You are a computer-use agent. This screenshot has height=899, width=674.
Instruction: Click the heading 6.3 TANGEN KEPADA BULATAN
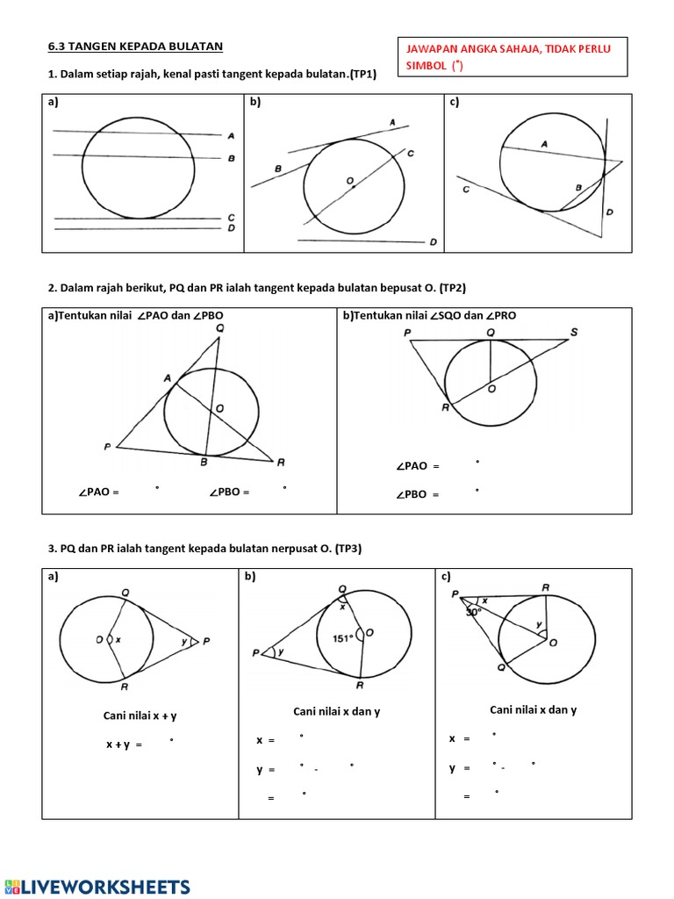(x=135, y=46)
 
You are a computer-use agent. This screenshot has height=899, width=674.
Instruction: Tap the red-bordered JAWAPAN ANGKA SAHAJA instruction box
(x=513, y=57)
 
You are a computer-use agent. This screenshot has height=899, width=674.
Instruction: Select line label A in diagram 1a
(x=231, y=136)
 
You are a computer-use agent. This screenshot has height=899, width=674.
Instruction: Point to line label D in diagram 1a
(x=231, y=228)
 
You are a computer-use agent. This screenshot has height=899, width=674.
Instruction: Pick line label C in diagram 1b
(x=411, y=154)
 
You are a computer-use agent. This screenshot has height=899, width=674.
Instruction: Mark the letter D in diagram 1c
(x=609, y=212)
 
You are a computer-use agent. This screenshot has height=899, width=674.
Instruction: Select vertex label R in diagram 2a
(x=281, y=463)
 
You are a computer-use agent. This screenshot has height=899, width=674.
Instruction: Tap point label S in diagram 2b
(x=574, y=332)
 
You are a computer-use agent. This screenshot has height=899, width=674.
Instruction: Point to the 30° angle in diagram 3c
(x=474, y=612)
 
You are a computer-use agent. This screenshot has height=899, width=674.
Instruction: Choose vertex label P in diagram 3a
(x=206, y=641)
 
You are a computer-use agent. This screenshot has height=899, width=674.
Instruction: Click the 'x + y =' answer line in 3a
(x=125, y=744)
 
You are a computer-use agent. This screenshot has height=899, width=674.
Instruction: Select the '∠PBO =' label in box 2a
(x=229, y=493)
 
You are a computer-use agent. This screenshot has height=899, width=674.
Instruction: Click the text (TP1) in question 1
(x=361, y=75)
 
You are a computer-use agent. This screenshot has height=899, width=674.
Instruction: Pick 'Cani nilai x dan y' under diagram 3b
(x=336, y=711)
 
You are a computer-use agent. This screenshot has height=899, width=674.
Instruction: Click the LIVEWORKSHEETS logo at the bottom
(x=97, y=886)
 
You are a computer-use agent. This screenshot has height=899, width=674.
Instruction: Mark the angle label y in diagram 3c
(x=541, y=624)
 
